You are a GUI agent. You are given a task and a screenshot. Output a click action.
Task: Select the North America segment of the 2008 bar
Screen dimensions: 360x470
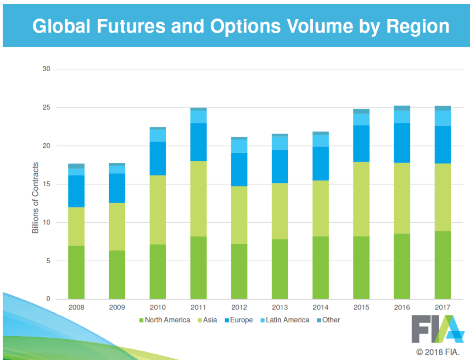point(76,272)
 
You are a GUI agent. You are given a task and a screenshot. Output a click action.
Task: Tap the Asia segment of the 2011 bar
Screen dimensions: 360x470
point(198,199)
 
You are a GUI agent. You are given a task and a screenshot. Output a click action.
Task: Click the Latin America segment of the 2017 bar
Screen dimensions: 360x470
point(442,118)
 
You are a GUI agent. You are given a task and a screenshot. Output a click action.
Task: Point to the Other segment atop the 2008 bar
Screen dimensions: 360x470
point(76,166)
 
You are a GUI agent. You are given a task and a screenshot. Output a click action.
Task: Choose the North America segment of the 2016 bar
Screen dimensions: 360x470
point(402,266)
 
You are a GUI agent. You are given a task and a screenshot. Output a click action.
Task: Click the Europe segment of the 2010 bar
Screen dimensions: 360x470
point(158,158)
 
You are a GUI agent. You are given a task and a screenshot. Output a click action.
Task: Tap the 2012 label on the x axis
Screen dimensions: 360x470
point(239,307)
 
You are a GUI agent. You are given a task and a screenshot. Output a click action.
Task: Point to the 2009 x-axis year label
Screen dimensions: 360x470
point(117,307)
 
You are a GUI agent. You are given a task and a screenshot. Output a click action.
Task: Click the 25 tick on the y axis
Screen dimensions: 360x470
point(46,107)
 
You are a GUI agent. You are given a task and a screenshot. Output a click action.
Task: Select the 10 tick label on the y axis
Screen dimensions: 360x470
point(46,223)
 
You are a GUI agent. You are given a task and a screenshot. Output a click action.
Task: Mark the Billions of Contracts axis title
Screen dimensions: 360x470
point(35,197)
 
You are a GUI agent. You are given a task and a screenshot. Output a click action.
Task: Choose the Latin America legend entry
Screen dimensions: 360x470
point(285,320)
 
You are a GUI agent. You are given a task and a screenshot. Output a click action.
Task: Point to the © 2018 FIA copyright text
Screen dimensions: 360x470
point(439,352)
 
